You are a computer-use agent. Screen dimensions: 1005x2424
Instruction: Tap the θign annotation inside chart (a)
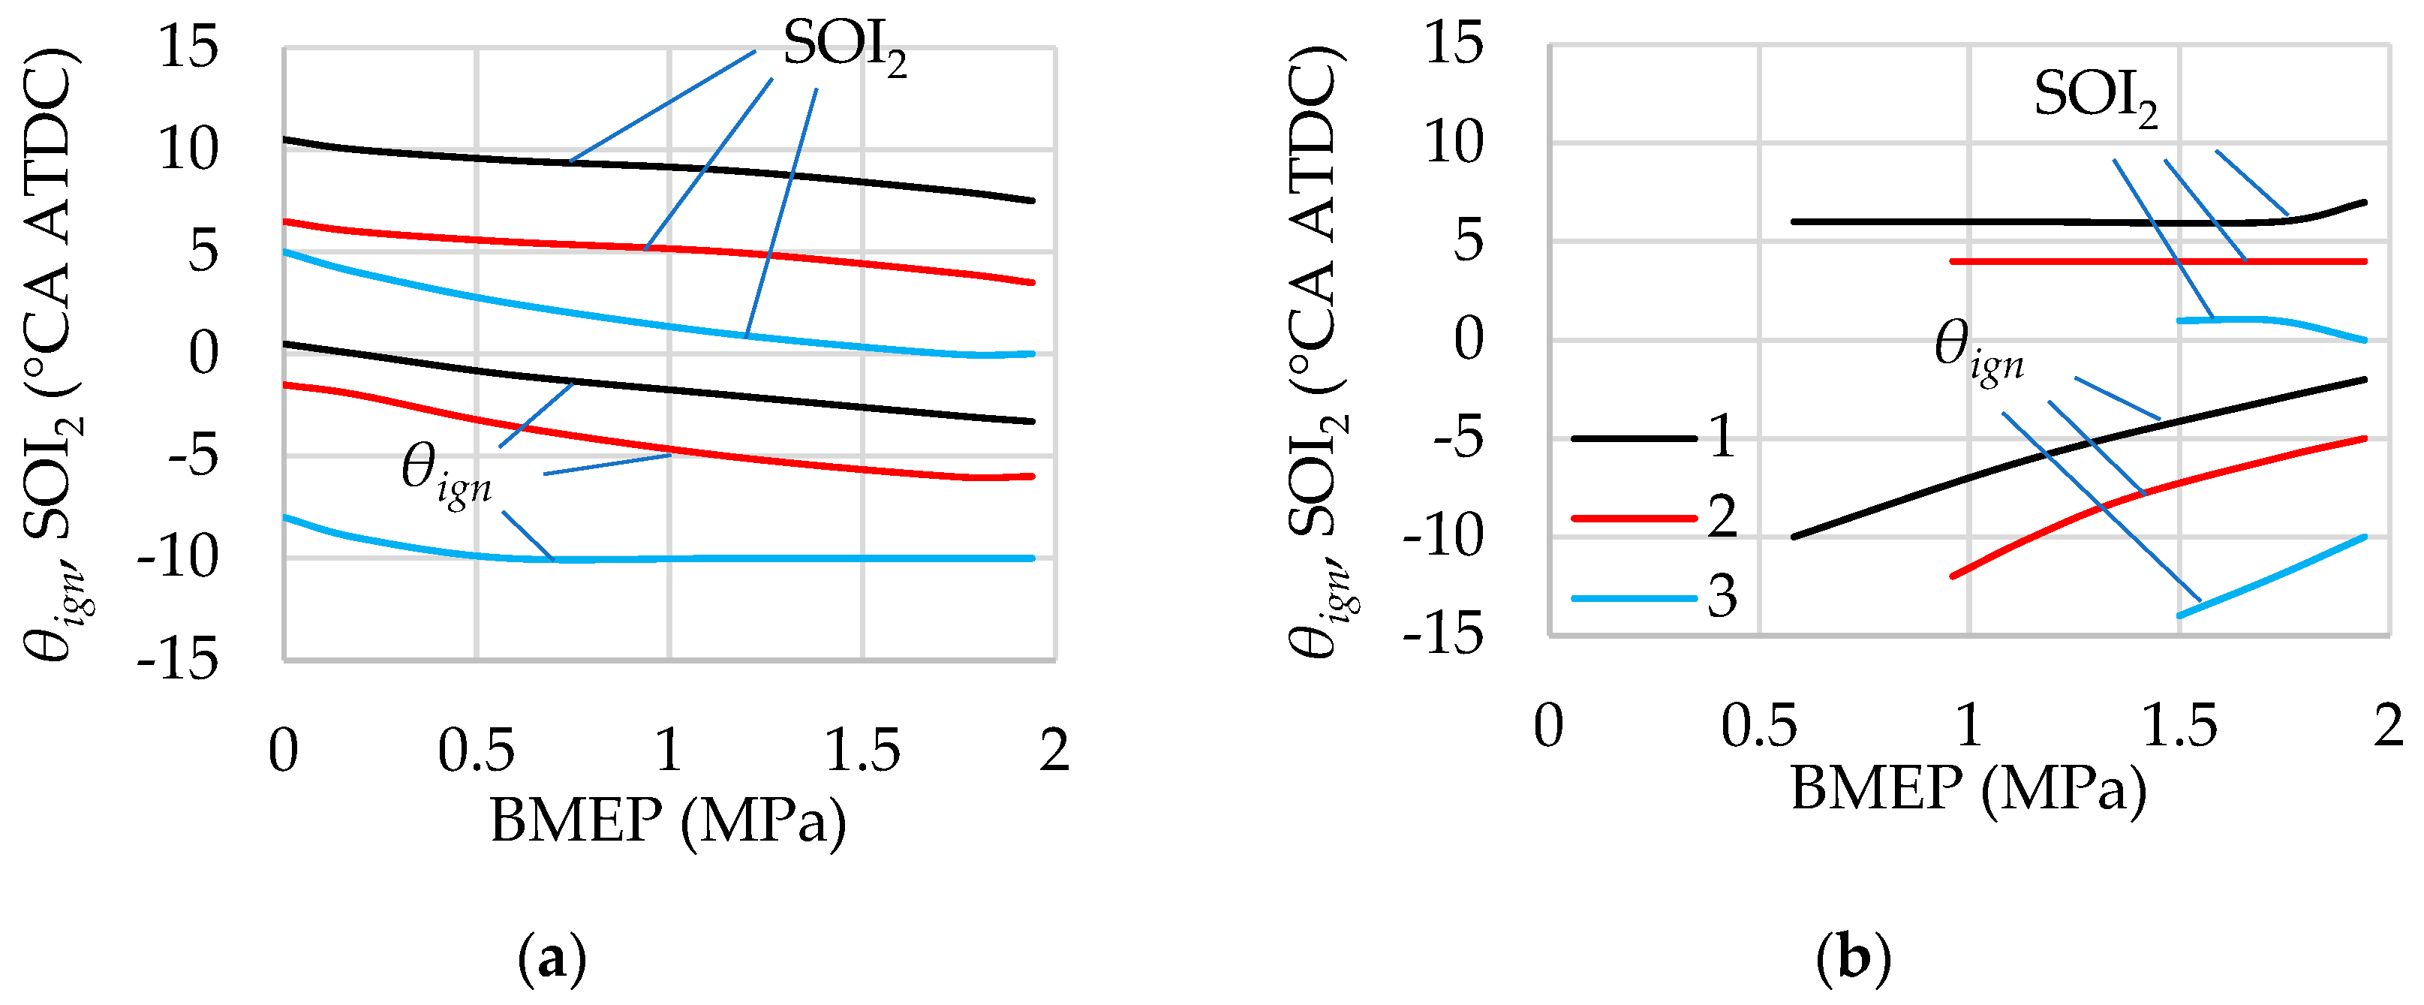pyautogui.click(x=446, y=474)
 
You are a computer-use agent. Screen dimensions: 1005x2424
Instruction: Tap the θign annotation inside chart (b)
pyautogui.click(x=1978, y=350)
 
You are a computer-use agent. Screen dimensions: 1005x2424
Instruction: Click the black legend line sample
pyautogui.click(x=1632, y=438)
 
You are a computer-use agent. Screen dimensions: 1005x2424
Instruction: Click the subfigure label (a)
pyautogui.click(x=552, y=960)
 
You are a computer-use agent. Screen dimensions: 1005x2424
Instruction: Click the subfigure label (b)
pyautogui.click(x=1853, y=960)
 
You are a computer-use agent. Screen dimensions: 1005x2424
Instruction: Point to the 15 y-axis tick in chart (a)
pyautogui.click(x=188, y=47)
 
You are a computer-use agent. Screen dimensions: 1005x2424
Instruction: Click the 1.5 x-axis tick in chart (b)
pyautogui.click(x=2179, y=727)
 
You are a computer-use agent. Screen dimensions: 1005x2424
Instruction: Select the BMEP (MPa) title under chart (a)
pyautogui.click(x=668, y=820)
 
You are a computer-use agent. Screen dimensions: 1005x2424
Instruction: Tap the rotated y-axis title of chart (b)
pyautogui.click(x=1317, y=353)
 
